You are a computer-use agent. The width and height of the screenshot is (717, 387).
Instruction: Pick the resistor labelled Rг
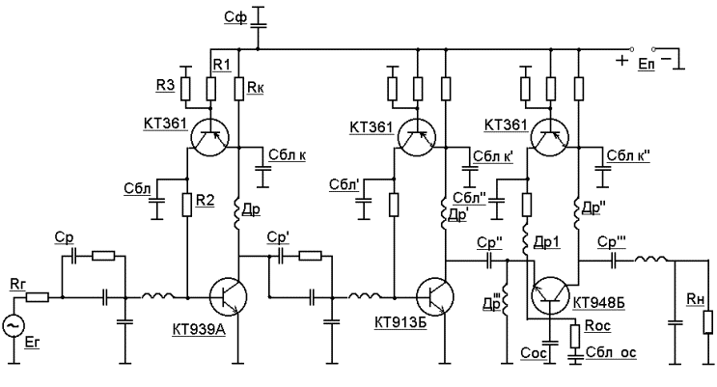pyautogui.click(x=38, y=298)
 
